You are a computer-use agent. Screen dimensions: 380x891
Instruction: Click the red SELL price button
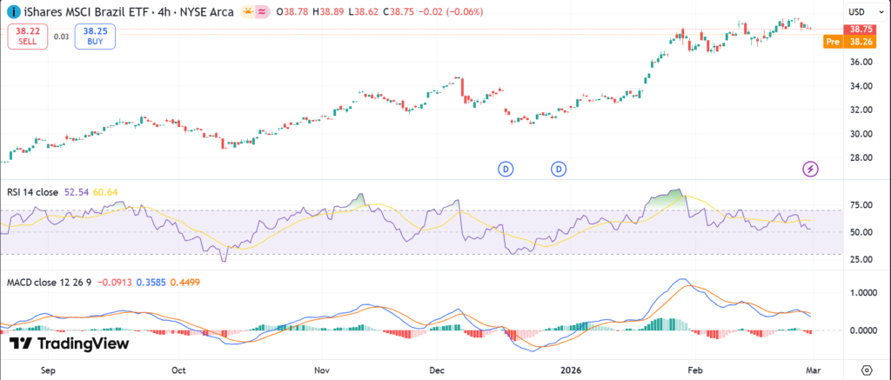tap(26, 36)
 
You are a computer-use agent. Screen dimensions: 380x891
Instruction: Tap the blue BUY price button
tap(96, 36)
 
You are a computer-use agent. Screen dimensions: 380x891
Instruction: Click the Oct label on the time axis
tap(178, 369)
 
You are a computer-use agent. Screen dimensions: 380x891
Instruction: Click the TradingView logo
tap(69, 343)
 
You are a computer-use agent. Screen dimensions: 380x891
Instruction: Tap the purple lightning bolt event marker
tap(810, 168)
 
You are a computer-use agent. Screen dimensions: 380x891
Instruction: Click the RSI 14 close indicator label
tap(33, 191)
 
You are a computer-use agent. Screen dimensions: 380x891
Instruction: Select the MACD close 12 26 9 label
tap(50, 283)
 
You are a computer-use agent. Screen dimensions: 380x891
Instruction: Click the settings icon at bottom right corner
tap(866, 369)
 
